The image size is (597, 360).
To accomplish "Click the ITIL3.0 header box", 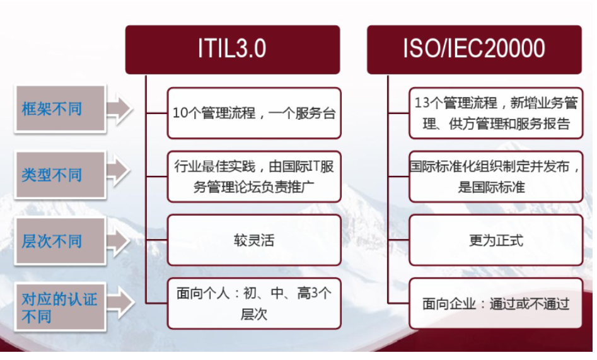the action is click(x=232, y=50).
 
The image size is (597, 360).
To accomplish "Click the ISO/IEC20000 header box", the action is click(x=474, y=50).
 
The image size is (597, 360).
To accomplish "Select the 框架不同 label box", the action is click(x=60, y=109).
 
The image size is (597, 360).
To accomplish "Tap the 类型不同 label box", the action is click(x=60, y=175).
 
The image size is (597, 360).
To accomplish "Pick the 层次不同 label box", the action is click(x=60, y=241).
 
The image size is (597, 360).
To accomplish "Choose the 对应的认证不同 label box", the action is click(x=60, y=307).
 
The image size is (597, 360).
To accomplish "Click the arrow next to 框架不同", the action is click(x=119, y=108).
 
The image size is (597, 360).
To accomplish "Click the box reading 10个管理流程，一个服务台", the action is click(x=254, y=113).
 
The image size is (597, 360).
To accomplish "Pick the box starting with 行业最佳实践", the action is click(x=254, y=177).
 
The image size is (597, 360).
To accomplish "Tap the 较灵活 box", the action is click(x=254, y=240).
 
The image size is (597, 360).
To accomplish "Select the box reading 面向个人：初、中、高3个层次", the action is click(x=254, y=304).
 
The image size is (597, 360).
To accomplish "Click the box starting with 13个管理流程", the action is click(x=496, y=113).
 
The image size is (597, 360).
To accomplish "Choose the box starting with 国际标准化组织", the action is click(x=496, y=177).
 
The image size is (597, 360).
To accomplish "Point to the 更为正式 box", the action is click(x=496, y=240).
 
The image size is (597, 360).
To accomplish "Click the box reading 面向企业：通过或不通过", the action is click(x=496, y=304).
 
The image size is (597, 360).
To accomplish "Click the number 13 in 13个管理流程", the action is click(x=422, y=103).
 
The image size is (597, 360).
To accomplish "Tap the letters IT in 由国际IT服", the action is click(x=314, y=166).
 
